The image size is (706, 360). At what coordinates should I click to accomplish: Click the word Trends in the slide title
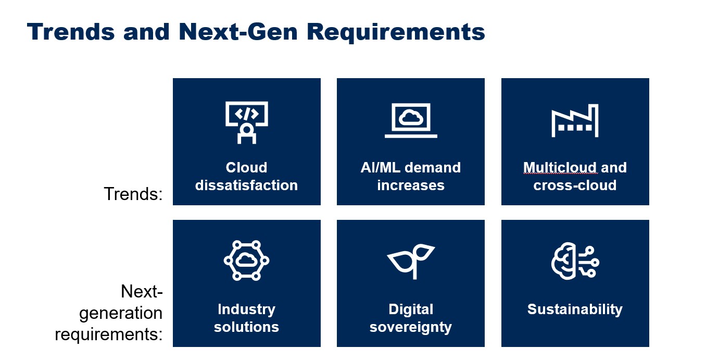coord(71,32)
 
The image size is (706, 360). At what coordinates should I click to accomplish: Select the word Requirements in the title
coord(396,32)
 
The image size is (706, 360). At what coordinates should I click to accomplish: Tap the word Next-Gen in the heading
coord(238,32)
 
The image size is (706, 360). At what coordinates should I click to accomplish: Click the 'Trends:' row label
coord(133,194)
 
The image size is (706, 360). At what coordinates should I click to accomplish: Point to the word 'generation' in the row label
coord(121,313)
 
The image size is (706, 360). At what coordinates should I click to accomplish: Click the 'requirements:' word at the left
coord(109,334)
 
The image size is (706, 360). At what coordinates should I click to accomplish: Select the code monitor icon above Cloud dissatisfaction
coord(247,122)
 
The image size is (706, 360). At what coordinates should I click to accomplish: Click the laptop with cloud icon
coord(411,120)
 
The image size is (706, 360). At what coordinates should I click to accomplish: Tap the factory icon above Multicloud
coord(575,120)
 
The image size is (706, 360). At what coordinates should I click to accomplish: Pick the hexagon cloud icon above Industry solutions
coord(246,260)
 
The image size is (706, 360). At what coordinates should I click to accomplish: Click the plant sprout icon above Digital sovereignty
coord(411,261)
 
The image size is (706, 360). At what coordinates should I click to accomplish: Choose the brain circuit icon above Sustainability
coord(575,261)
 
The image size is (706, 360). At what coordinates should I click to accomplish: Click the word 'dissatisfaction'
coord(246,185)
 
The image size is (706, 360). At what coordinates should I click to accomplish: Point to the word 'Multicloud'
coord(560,168)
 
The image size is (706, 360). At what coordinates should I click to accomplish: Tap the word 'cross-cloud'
coord(575,185)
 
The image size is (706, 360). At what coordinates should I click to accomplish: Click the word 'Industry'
coord(246,309)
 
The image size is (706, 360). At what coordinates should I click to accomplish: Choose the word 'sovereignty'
coord(411,328)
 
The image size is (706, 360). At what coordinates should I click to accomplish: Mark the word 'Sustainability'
coord(575,309)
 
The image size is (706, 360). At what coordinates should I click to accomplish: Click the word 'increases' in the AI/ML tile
coord(411,185)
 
